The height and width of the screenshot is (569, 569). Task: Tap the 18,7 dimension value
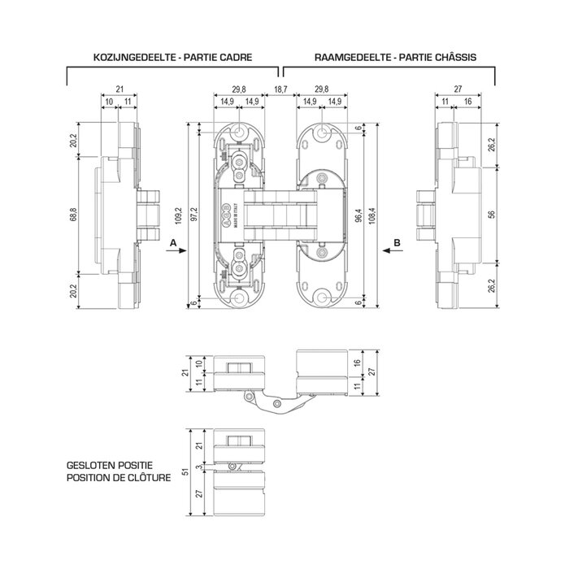click(x=280, y=89)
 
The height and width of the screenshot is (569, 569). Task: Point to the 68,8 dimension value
click(x=74, y=214)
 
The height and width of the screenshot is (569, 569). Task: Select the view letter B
click(x=396, y=243)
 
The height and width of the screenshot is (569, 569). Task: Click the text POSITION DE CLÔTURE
click(x=119, y=478)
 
